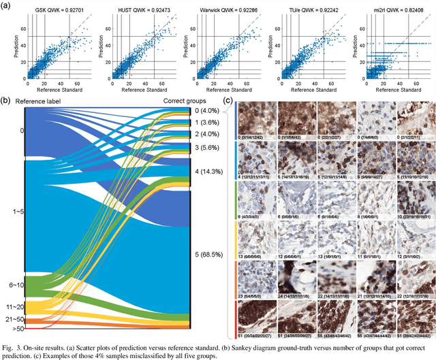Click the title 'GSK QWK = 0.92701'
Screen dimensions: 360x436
point(57,12)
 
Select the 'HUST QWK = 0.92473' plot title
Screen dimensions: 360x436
point(138,12)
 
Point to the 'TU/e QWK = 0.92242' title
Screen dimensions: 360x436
point(303,12)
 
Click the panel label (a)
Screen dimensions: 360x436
point(6,5)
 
